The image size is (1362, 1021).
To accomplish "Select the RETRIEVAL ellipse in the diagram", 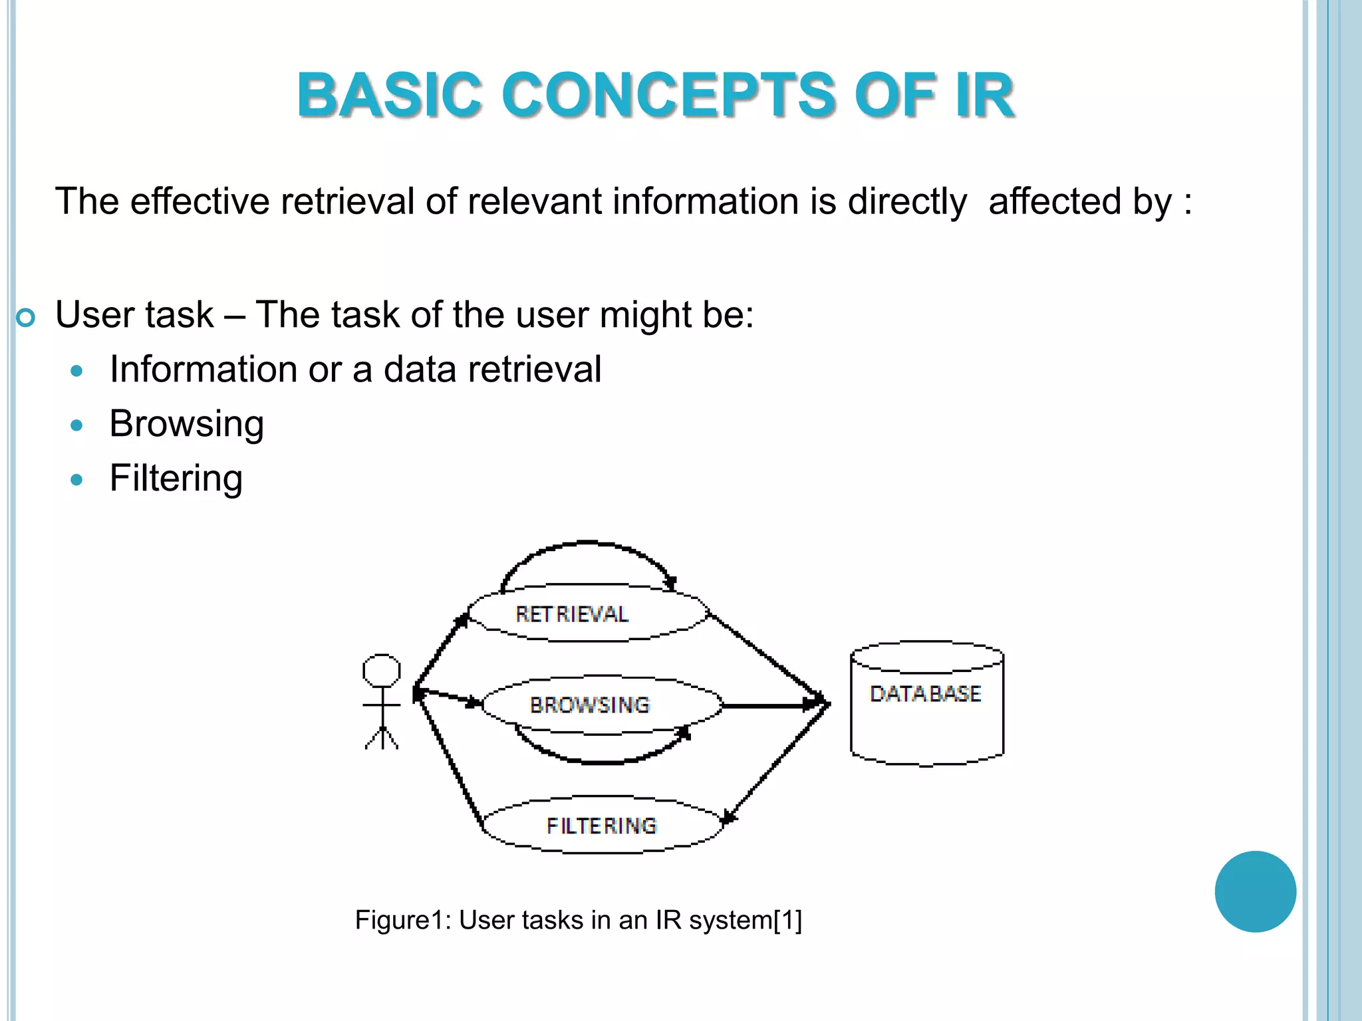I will [x=588, y=614].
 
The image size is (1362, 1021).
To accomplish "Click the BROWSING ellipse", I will [x=602, y=705].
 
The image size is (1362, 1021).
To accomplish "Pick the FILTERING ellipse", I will [x=602, y=825].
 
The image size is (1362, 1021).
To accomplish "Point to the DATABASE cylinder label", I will [x=925, y=694].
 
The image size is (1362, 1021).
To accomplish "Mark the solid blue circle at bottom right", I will [x=1255, y=891].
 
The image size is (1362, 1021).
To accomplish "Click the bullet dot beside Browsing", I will [x=77, y=425].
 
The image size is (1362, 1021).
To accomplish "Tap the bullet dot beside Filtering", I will [x=77, y=479].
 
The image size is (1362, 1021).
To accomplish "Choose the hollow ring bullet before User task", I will [x=25, y=318].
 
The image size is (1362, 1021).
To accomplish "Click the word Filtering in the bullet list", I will [x=176, y=478].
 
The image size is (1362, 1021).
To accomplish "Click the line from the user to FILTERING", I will [x=449, y=761].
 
